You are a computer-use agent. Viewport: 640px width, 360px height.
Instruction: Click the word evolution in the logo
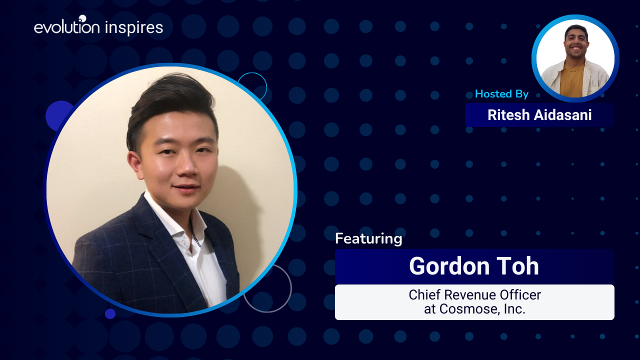click(x=67, y=26)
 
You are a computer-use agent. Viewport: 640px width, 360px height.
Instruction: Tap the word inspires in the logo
click(x=134, y=28)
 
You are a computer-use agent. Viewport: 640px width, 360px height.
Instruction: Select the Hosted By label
click(x=501, y=94)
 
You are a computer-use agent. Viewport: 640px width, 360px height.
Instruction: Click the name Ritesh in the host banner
click(x=508, y=115)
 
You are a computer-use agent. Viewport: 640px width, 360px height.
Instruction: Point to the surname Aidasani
click(x=563, y=115)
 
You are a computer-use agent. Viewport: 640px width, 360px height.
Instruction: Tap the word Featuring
click(x=368, y=239)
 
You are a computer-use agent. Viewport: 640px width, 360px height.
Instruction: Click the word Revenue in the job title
click(x=471, y=295)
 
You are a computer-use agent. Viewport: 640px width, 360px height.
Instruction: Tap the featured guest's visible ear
click(x=134, y=165)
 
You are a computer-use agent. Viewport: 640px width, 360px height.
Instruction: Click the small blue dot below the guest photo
click(x=110, y=313)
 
